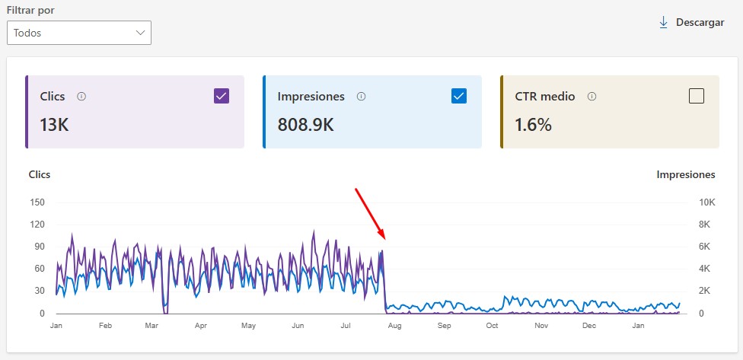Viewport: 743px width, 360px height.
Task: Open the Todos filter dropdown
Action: (79, 33)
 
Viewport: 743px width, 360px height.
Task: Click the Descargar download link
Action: (691, 23)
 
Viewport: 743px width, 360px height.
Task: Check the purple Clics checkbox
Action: (222, 96)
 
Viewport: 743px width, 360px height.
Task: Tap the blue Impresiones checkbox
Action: (458, 96)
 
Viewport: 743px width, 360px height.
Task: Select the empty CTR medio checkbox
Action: (696, 96)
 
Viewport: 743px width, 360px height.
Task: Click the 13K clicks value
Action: (54, 125)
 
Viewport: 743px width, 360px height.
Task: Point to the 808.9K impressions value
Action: (305, 125)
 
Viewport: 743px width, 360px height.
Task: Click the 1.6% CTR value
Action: (533, 125)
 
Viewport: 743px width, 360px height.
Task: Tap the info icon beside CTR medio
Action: (592, 97)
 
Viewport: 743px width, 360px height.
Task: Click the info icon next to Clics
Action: (81, 97)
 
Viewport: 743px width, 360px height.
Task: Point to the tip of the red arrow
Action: (383, 238)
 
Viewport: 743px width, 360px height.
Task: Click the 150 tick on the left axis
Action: (38, 202)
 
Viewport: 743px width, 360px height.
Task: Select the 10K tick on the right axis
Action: (707, 202)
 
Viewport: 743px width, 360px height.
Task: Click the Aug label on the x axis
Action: (394, 326)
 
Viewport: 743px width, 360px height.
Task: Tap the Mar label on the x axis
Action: (152, 326)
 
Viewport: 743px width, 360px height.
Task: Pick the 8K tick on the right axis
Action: (704, 225)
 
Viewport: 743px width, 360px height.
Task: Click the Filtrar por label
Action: (35, 11)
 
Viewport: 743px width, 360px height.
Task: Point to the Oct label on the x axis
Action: (492, 326)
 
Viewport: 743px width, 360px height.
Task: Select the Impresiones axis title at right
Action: (685, 174)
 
